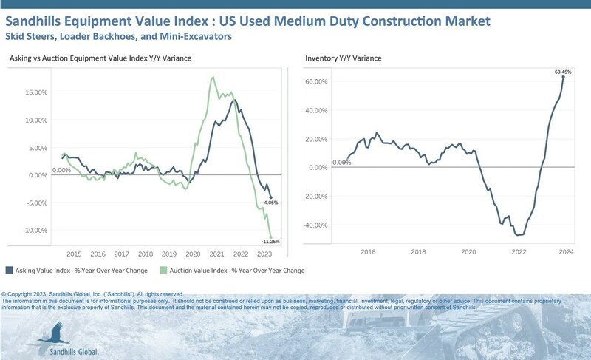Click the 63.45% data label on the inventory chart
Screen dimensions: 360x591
click(x=563, y=72)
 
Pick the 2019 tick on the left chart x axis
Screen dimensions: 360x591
click(x=169, y=253)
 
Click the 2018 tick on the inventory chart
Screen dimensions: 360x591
click(x=418, y=252)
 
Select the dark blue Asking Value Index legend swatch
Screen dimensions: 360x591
click(x=9, y=270)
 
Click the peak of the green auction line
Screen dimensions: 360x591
click(x=213, y=76)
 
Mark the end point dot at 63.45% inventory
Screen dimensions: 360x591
click(x=564, y=77)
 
